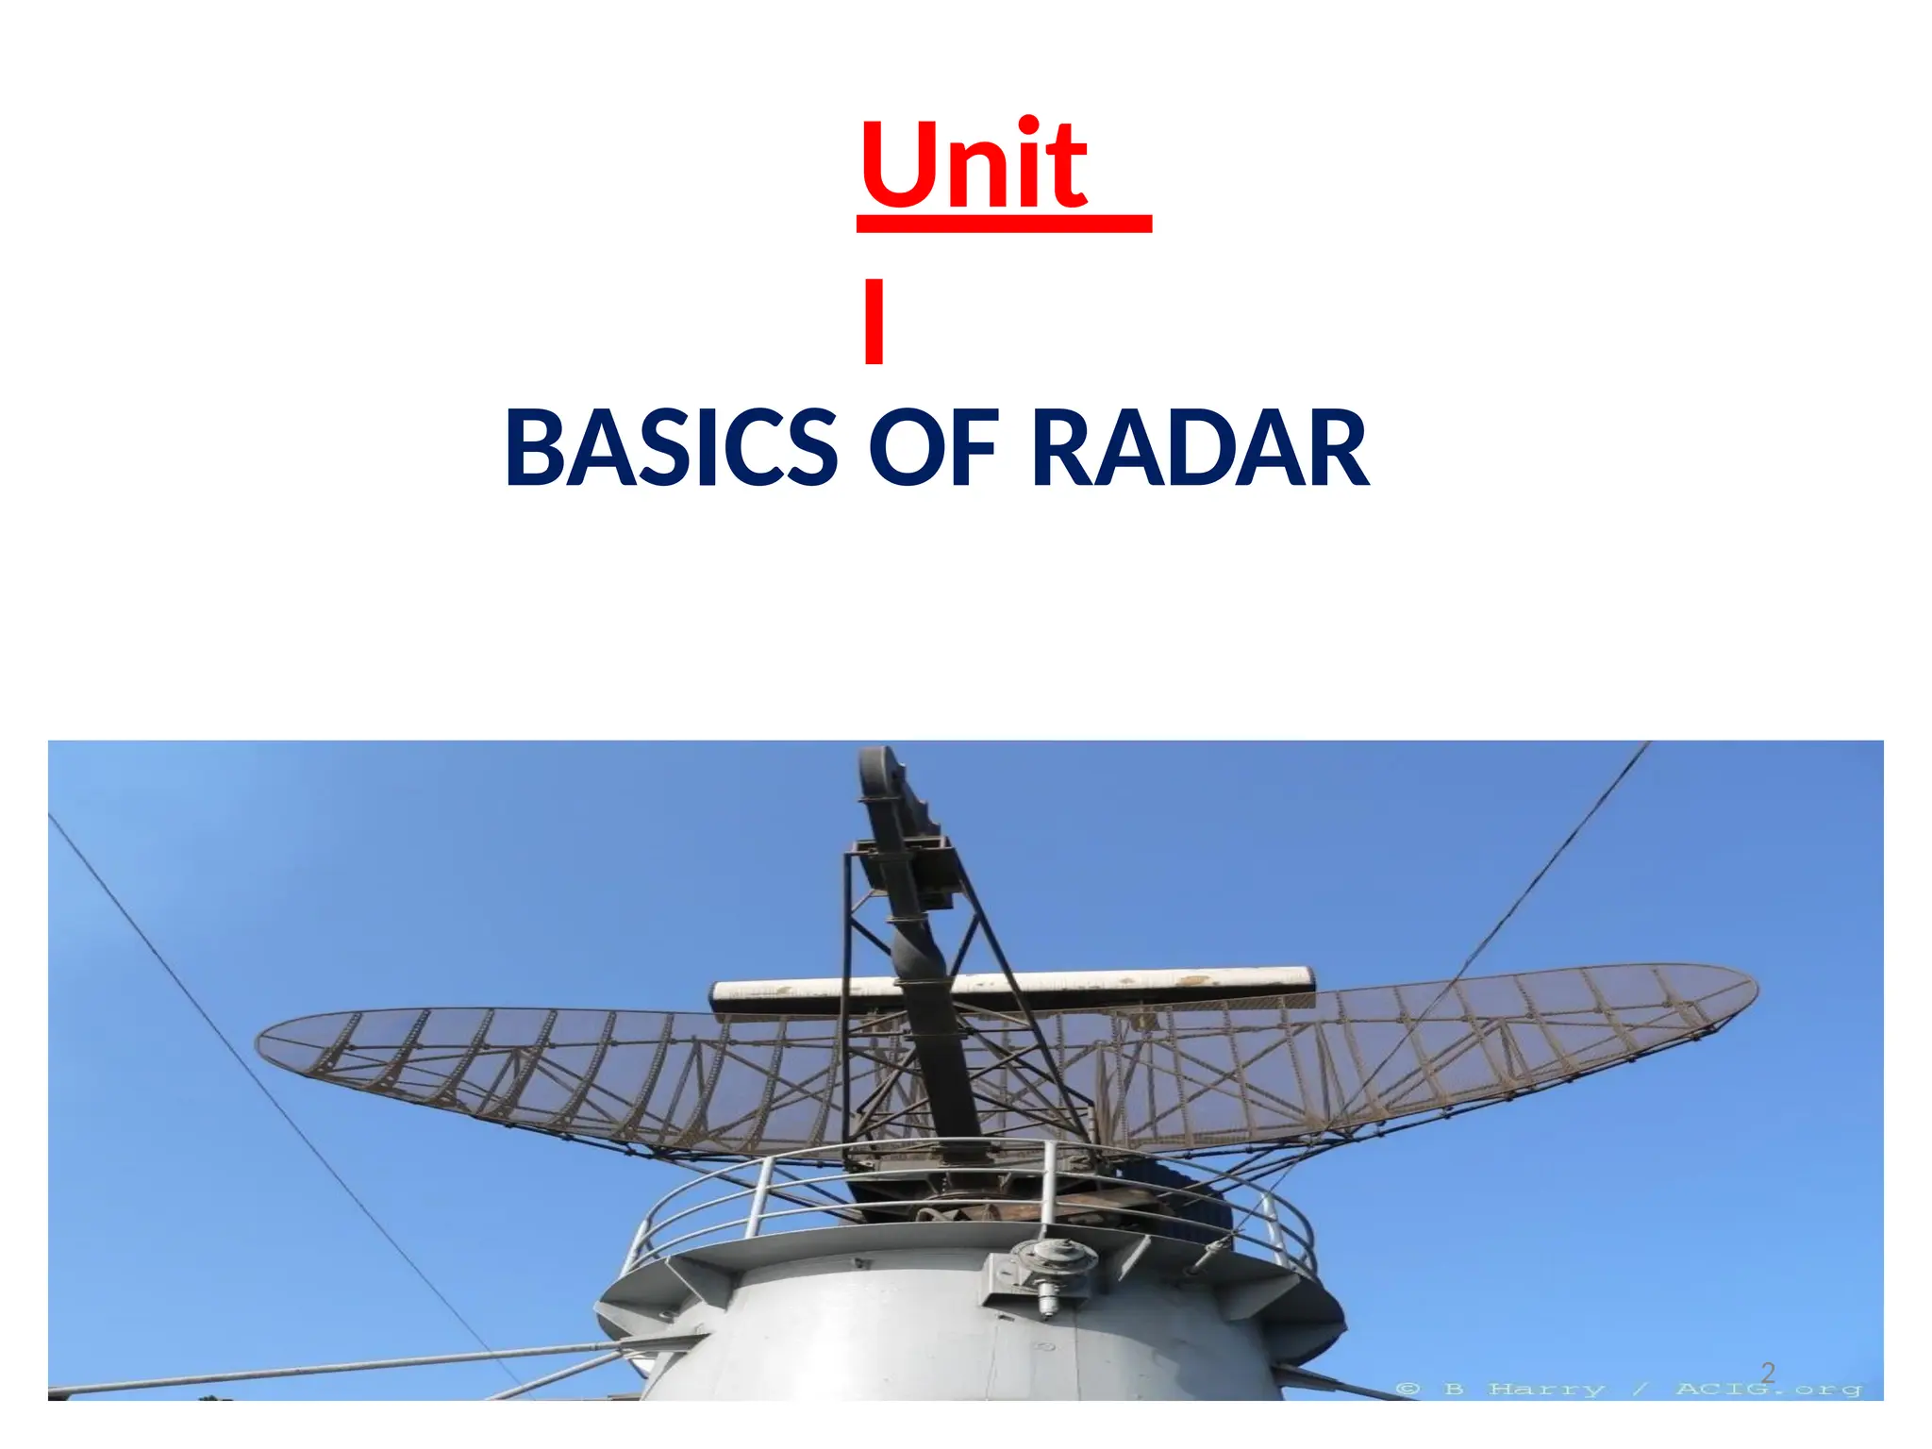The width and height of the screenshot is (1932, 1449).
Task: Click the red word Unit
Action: [974, 165]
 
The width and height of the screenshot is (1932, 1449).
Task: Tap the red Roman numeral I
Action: [874, 321]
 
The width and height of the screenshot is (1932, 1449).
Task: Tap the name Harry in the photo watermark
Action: [1547, 1389]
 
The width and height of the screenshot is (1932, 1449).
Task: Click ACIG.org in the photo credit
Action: [1768, 1389]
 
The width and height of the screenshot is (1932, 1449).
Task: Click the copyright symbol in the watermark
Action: [1407, 1389]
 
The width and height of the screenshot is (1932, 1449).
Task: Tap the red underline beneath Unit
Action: [1004, 224]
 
